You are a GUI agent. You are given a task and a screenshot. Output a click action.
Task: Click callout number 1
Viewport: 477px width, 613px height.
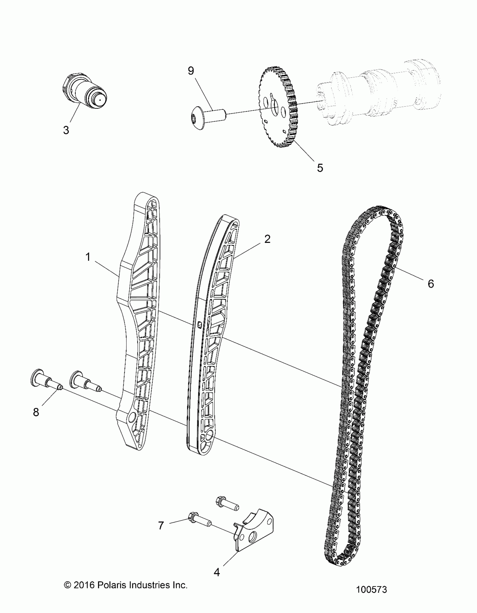[x=88, y=257]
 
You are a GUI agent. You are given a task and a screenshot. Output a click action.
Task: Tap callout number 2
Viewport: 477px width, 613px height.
[x=267, y=239]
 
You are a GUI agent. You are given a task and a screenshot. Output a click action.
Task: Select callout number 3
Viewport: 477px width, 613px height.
[x=66, y=130]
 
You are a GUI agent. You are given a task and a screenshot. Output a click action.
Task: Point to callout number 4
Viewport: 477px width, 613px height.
[x=216, y=572]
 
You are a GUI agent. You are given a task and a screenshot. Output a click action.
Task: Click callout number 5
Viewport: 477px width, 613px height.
[x=320, y=168]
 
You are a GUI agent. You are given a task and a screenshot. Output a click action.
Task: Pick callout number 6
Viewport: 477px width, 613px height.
[x=431, y=284]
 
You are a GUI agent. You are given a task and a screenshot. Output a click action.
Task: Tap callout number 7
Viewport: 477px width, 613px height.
[x=161, y=525]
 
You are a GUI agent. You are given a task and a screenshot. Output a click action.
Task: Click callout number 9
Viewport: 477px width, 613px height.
[x=191, y=71]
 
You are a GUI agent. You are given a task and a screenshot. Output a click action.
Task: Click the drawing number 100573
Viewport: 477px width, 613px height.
[x=371, y=590]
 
